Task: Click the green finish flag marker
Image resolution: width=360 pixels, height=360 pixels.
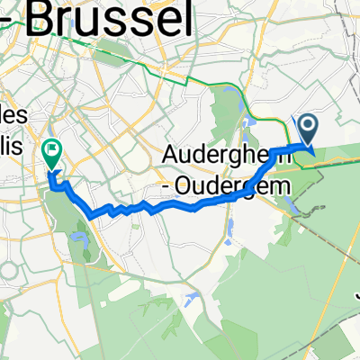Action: [x=52, y=155]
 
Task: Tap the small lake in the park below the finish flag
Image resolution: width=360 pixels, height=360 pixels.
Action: [x=78, y=239]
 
